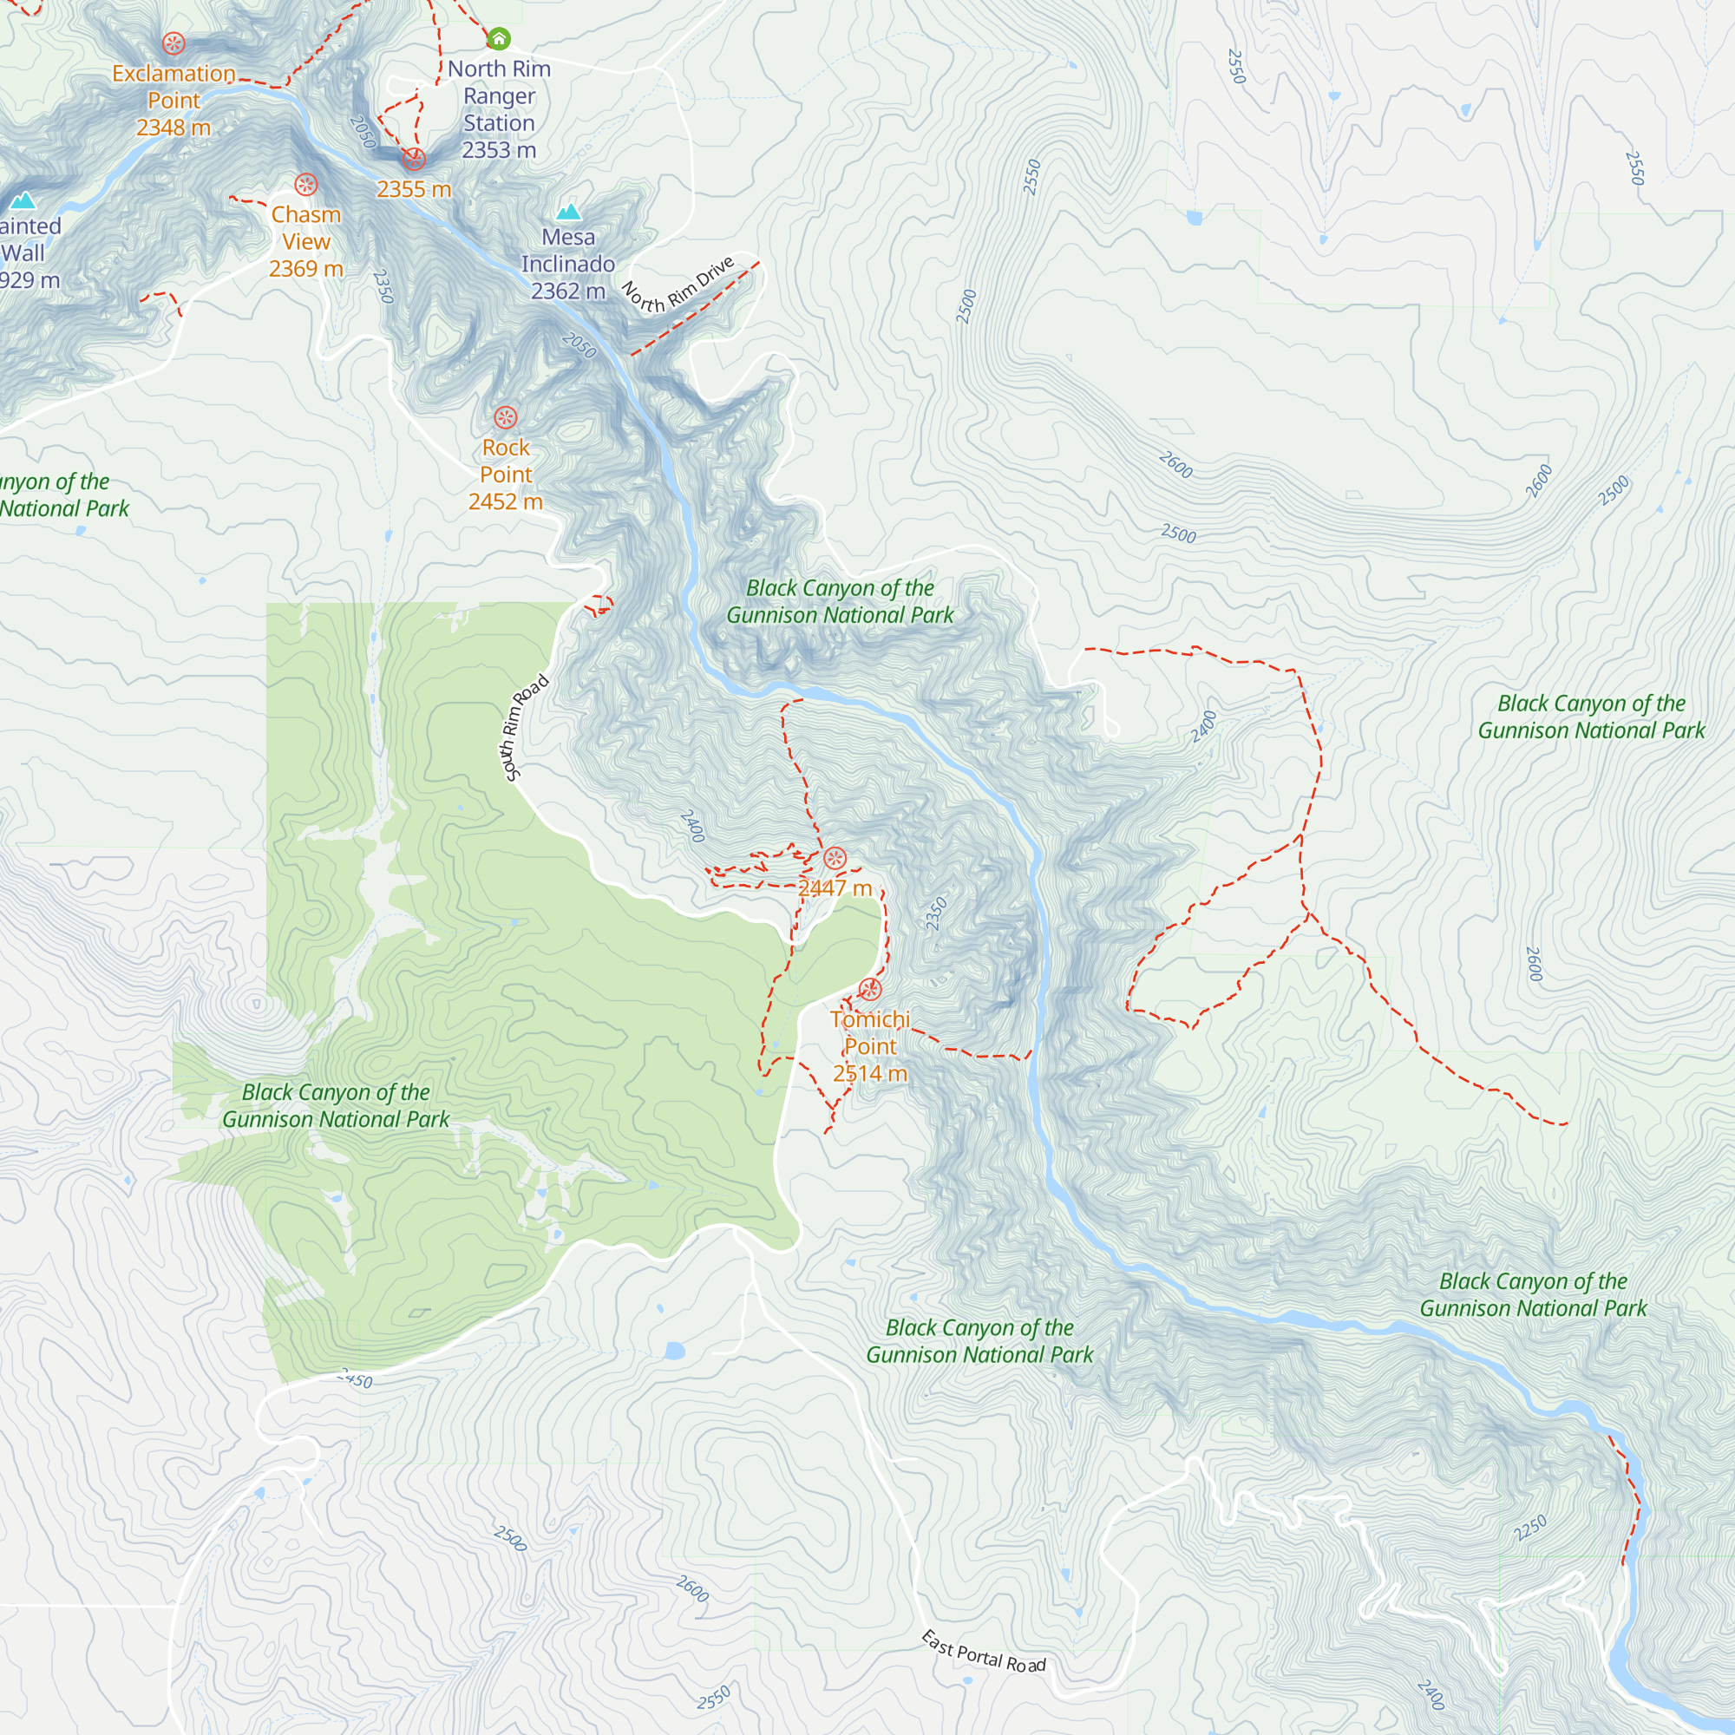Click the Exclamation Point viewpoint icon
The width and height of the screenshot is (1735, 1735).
[x=173, y=43]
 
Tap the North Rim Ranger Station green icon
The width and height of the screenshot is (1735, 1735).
[x=499, y=39]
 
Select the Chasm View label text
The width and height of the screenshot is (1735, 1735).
[x=306, y=228]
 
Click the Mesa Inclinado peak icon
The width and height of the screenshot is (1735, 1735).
[x=568, y=212]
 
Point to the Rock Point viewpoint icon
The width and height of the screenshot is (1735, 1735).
[x=506, y=417]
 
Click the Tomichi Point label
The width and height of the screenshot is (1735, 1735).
[x=869, y=1032]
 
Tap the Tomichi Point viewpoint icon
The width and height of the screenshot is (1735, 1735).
[x=869, y=990]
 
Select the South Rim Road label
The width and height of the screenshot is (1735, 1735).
[x=526, y=729]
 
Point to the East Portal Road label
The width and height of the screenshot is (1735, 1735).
[x=984, y=1653]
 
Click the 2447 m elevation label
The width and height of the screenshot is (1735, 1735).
[x=835, y=888]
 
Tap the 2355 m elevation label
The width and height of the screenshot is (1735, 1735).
[x=414, y=189]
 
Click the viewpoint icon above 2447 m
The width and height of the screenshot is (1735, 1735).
[x=835, y=859]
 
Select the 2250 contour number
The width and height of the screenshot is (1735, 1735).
[x=1530, y=1528]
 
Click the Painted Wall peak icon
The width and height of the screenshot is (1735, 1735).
[x=23, y=200]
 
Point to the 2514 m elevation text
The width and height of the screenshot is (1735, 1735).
[x=869, y=1073]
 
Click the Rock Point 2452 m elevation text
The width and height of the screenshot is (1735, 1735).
[x=506, y=502]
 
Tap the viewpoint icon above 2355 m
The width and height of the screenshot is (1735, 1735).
[x=414, y=160]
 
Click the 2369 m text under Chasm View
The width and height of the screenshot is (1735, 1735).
[x=306, y=269]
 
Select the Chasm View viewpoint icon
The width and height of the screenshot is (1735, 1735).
[x=306, y=185]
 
